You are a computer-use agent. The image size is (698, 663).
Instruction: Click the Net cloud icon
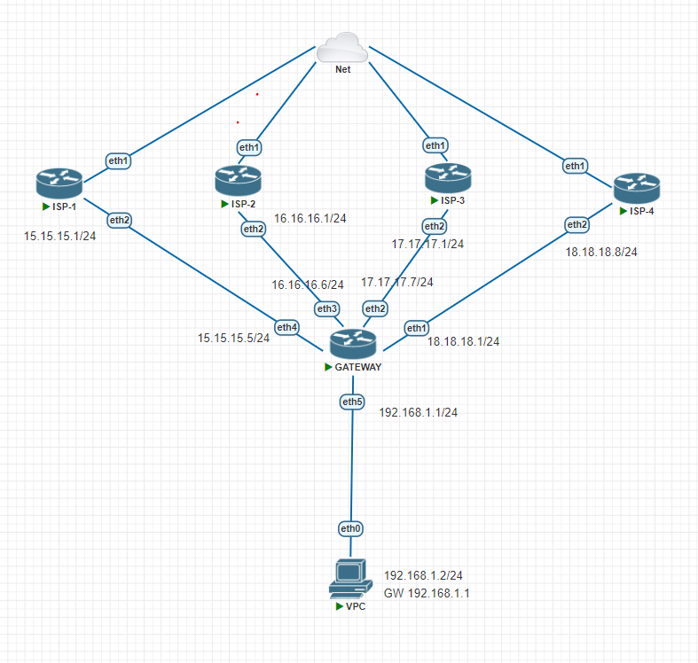(341, 46)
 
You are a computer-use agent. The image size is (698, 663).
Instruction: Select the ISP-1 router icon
(59, 183)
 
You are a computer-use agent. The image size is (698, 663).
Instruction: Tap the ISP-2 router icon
(237, 181)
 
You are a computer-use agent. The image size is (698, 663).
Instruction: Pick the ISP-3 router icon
(447, 178)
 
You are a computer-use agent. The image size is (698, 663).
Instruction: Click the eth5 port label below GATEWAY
(353, 402)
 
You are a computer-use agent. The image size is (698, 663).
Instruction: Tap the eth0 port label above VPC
(351, 529)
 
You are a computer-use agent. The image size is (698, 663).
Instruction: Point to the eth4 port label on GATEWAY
(286, 328)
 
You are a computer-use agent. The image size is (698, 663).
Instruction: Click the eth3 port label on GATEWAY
(327, 308)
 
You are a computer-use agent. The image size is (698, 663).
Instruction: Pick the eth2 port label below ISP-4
(577, 224)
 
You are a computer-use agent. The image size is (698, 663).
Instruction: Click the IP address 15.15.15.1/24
(59, 238)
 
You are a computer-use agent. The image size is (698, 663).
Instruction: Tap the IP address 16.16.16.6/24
(307, 285)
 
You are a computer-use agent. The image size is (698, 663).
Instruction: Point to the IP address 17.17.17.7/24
(397, 282)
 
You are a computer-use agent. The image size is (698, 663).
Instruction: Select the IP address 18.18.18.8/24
(601, 252)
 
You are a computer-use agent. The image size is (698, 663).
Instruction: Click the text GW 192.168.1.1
(426, 593)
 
